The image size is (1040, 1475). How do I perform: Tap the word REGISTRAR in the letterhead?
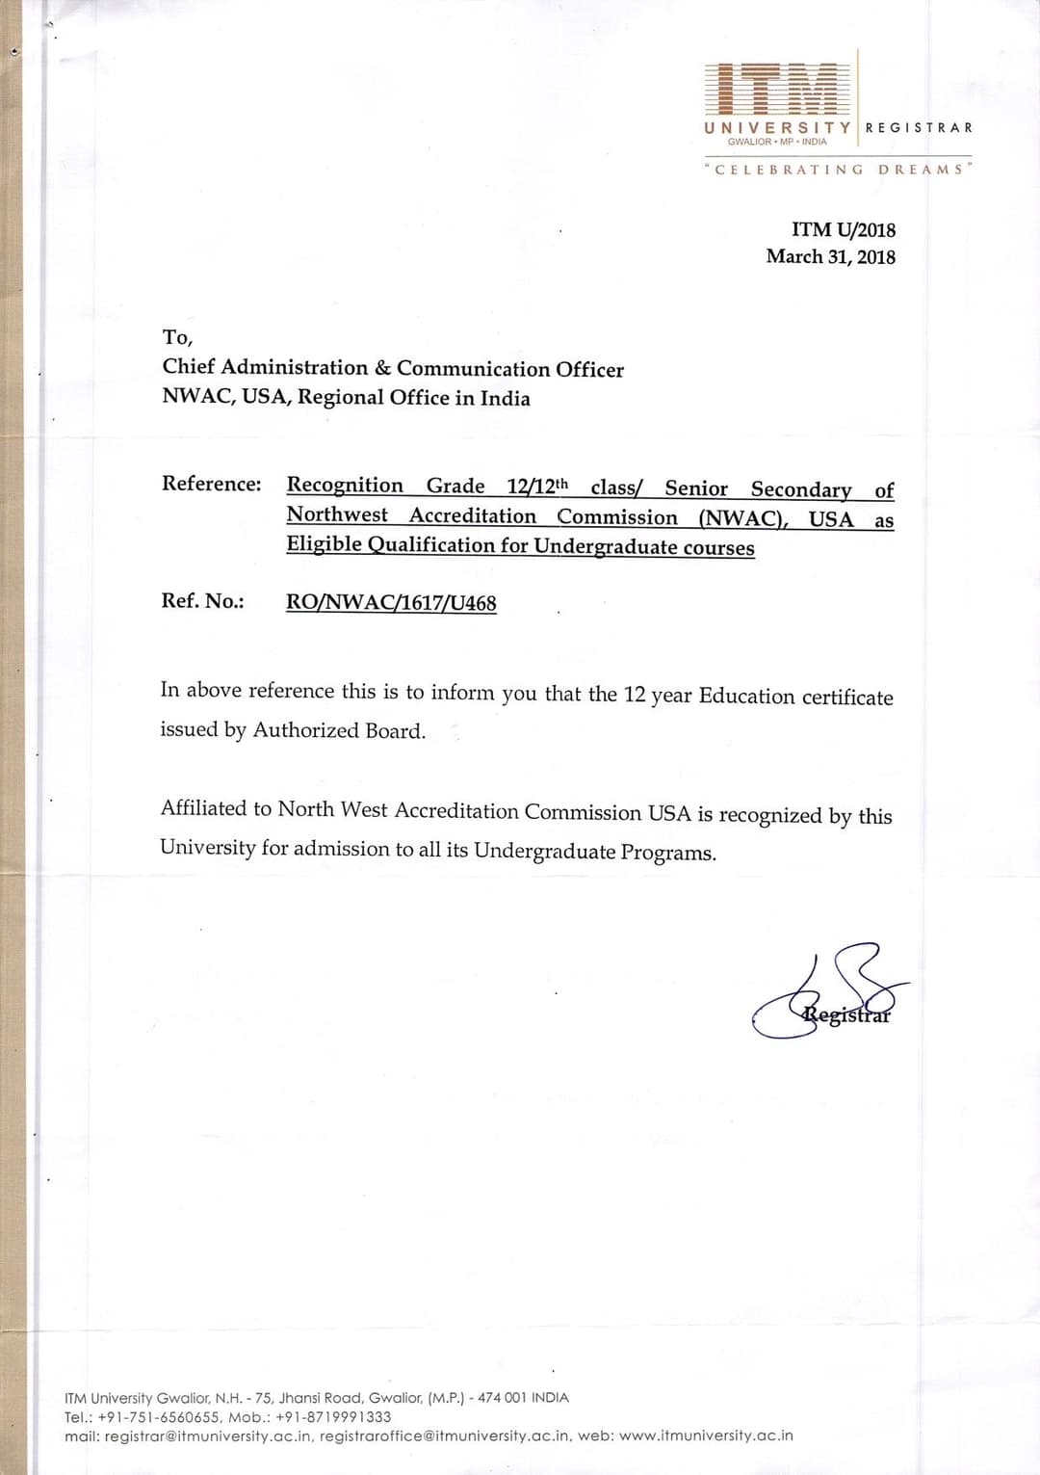[919, 128]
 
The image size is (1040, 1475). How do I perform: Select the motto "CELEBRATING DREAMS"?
[838, 170]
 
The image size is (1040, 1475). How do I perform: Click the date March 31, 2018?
[830, 257]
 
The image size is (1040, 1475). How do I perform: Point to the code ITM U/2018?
[843, 230]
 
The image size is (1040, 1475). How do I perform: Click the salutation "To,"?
[177, 337]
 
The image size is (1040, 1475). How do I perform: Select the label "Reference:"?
[211, 484]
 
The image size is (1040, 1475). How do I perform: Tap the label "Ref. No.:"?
[202, 601]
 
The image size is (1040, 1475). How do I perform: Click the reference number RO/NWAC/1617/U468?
[391, 603]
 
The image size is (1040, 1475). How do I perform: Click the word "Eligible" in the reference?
[324, 544]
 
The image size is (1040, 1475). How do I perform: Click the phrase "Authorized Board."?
[339, 731]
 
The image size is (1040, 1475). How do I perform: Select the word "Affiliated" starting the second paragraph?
[203, 809]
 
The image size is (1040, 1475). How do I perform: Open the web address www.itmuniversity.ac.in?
[706, 1435]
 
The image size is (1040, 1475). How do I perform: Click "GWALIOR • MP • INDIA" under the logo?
[777, 142]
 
